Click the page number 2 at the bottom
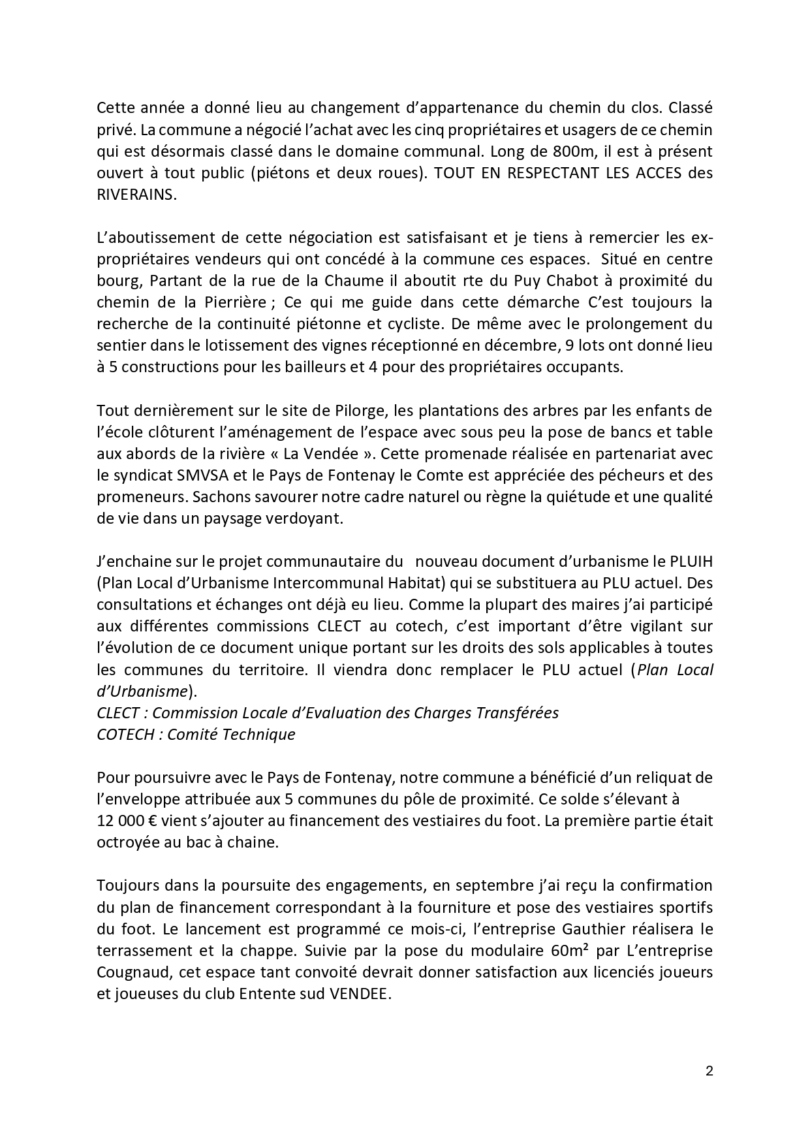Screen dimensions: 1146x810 pos(709,1071)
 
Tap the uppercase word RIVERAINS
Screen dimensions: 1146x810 pos(136,195)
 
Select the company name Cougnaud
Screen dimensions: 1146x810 pos(130,972)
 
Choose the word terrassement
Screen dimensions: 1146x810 pos(140,950)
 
